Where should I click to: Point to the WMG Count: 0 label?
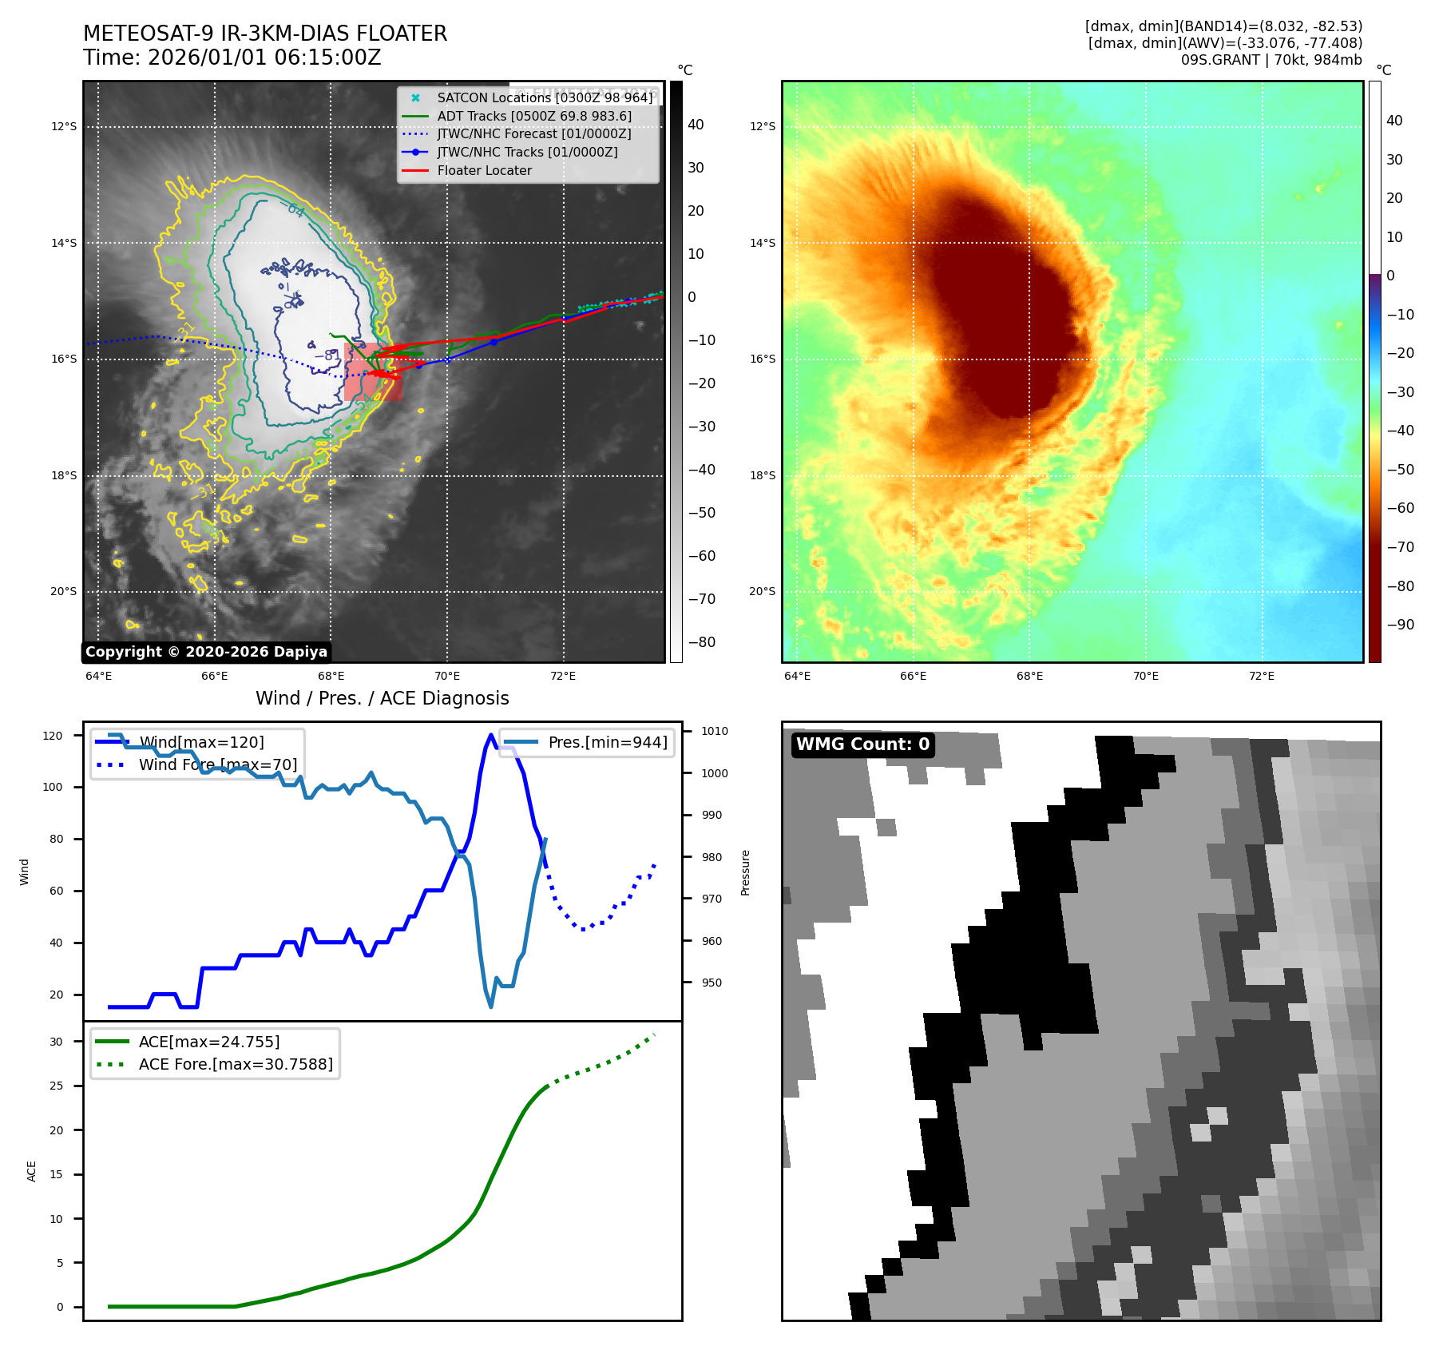coord(862,744)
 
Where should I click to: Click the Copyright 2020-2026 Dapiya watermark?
coord(206,652)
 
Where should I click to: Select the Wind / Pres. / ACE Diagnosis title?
coord(382,698)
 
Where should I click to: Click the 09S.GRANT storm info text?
coord(1271,60)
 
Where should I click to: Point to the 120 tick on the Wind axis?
coord(53,736)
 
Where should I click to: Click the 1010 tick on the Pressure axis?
coord(715,731)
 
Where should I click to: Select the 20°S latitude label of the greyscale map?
coord(64,592)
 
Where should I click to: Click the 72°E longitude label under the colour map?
coord(1262,676)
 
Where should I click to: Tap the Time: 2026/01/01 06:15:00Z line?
coord(232,58)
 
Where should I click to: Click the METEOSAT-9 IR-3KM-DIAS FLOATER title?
coord(265,34)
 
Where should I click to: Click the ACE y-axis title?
coord(32,1171)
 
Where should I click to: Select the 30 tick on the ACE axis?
coord(56,1042)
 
